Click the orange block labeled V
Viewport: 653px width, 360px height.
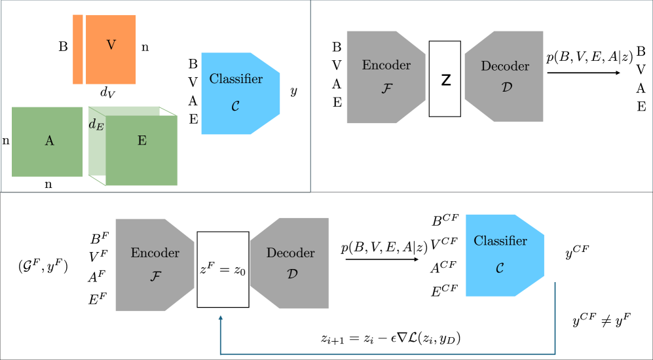click(111, 49)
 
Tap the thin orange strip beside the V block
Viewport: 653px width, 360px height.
click(78, 49)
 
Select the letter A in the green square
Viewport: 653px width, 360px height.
click(49, 141)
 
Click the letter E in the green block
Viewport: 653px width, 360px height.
click(142, 141)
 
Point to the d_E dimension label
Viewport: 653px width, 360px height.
click(96, 125)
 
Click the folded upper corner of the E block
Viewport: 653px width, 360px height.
click(169, 111)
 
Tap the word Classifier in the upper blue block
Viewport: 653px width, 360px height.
click(236, 79)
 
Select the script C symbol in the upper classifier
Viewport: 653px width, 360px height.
click(235, 105)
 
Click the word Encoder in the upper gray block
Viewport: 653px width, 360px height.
click(386, 65)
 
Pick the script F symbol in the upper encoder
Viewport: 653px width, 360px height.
click(386, 88)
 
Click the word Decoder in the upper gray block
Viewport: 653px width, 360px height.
click(505, 66)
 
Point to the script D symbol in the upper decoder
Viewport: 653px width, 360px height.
click(506, 87)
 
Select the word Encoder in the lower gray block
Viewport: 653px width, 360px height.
click(155, 253)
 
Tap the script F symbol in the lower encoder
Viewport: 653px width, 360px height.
click(155, 276)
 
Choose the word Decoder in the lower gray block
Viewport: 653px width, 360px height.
click(290, 253)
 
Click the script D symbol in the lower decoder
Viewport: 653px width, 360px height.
click(291, 274)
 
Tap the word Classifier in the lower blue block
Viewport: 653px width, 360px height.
click(500, 241)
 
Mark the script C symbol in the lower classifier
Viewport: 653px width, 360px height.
click(500, 268)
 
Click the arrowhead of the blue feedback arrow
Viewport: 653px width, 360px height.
click(221, 318)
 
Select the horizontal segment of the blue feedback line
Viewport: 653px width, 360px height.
click(386, 354)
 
